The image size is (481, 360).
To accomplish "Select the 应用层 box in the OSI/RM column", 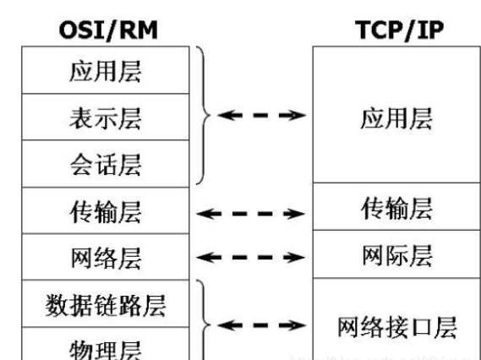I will point(104,71).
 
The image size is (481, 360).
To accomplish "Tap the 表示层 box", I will point(104,118).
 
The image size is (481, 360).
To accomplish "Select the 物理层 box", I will point(104,346).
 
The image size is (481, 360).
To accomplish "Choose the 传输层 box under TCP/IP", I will point(385,207).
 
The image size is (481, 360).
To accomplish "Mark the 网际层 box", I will point(385,254).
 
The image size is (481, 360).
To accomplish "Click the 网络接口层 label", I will point(385,325).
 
